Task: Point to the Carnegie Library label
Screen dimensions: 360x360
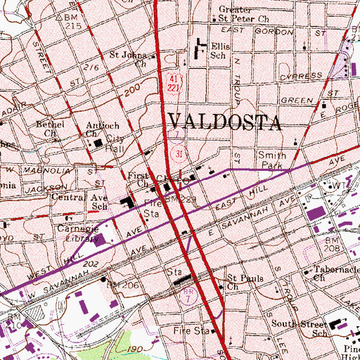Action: tap(77, 234)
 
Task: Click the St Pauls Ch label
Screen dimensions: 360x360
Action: tap(244, 281)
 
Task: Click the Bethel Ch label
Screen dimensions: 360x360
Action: tap(51, 128)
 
